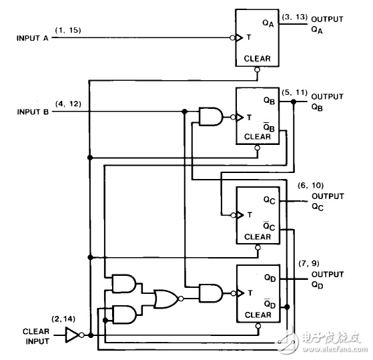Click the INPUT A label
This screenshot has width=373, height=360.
[x=32, y=38]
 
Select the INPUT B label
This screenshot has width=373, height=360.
[x=33, y=112]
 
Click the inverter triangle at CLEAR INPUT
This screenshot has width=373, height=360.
[x=72, y=335]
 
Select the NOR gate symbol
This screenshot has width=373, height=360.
[x=166, y=299]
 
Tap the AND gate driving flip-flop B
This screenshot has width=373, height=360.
[x=211, y=116]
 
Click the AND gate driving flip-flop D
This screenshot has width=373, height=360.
[x=211, y=293]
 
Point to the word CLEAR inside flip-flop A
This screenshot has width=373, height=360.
[x=257, y=59]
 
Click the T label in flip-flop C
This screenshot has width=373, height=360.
[x=250, y=215]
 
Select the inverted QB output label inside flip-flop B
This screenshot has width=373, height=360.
[x=269, y=127]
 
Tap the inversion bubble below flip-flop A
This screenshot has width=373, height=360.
[x=257, y=69]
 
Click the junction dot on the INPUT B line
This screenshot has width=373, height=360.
[x=184, y=111]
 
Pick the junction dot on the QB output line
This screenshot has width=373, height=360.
[x=294, y=102]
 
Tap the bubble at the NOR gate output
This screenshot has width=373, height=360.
[x=181, y=299]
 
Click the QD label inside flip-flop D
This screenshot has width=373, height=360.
[x=270, y=278]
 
